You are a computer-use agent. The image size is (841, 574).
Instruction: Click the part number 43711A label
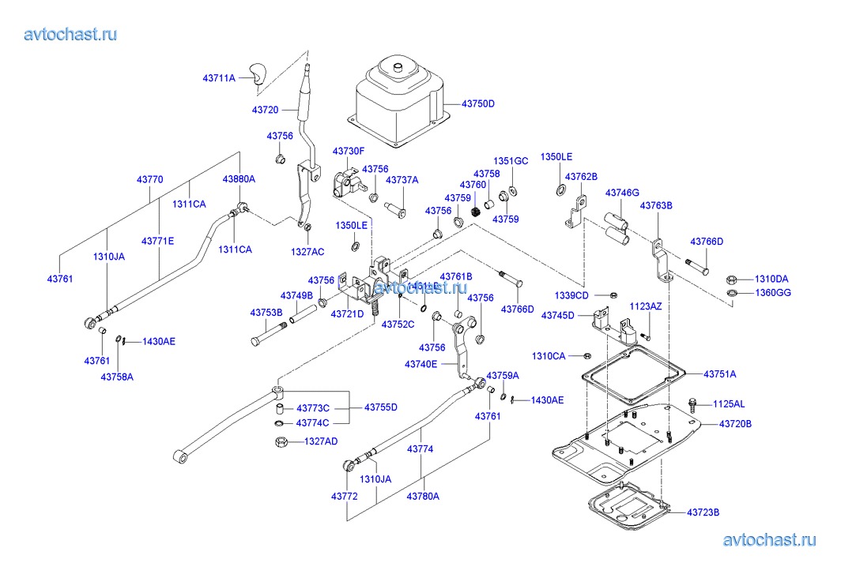point(219,78)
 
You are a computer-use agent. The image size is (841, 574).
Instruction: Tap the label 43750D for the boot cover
point(478,103)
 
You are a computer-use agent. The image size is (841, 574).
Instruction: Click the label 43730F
point(348,150)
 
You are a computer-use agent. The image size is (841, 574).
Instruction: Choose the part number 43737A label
point(402,180)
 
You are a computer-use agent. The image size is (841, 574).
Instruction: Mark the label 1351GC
point(511,161)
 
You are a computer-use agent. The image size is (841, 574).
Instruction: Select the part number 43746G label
point(623,193)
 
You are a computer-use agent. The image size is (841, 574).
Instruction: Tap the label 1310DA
point(771,279)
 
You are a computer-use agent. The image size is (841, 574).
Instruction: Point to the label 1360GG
point(771,293)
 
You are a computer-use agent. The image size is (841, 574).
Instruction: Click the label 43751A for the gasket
point(719,373)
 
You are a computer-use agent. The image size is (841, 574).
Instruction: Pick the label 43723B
point(703,512)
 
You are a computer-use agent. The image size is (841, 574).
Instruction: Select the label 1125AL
point(729,403)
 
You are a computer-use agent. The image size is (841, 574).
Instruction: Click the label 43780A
point(423,496)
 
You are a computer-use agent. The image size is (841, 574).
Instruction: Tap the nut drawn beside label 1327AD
point(281,441)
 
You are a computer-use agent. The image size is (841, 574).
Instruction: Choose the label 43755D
point(381,407)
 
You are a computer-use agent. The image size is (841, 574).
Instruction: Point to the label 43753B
point(266,313)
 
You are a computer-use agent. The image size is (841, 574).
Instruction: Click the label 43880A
point(239,179)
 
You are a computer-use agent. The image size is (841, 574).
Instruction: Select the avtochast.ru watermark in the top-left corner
point(71,34)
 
